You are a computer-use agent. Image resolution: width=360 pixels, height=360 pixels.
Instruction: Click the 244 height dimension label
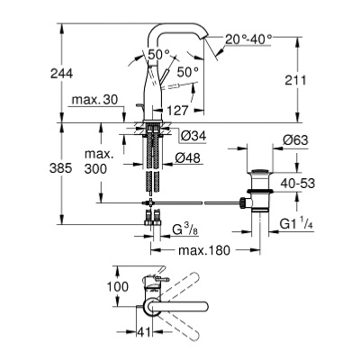(61, 73)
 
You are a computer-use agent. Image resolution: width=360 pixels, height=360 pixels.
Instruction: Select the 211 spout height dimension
(295, 80)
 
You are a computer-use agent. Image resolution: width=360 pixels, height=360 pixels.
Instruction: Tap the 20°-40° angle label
(248, 39)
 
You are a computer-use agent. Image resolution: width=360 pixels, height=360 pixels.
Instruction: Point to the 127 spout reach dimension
(177, 111)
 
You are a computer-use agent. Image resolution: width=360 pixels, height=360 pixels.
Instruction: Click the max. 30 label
(94, 100)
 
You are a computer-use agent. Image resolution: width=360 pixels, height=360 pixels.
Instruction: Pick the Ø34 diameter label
(193, 136)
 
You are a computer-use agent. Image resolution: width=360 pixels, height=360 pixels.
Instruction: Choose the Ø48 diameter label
(187, 157)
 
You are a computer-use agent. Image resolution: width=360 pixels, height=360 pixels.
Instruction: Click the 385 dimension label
(61, 168)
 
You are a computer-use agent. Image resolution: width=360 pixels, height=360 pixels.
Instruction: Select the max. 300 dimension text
(95, 162)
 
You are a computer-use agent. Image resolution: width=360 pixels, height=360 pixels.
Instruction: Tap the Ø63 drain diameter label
(295, 139)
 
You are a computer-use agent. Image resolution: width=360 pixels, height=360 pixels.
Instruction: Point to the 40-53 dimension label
(298, 184)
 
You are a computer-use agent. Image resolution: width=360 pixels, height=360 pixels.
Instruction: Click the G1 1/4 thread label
(296, 224)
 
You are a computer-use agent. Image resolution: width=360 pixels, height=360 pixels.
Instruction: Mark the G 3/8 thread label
(185, 229)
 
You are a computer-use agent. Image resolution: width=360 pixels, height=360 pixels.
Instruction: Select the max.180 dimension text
(204, 250)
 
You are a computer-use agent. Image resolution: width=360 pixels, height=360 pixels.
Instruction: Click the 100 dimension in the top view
(117, 287)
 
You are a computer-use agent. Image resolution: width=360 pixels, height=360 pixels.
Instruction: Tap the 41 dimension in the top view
(144, 331)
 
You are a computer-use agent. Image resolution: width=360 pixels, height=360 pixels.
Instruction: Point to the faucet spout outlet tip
(204, 38)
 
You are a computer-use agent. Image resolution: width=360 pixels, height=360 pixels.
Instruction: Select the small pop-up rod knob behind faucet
(139, 105)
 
